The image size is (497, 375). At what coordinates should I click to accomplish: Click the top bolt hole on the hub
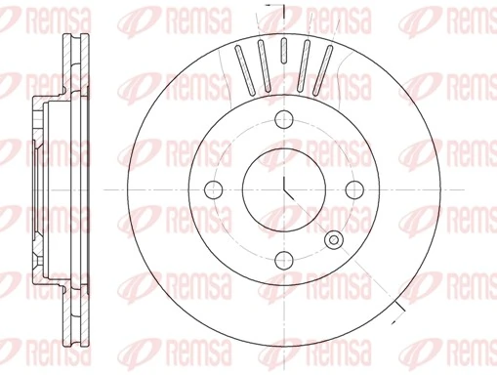coord(284,119)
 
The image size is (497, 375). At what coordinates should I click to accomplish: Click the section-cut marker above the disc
coord(277,12)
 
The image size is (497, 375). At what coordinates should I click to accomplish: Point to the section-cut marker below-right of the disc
coord(399,311)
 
